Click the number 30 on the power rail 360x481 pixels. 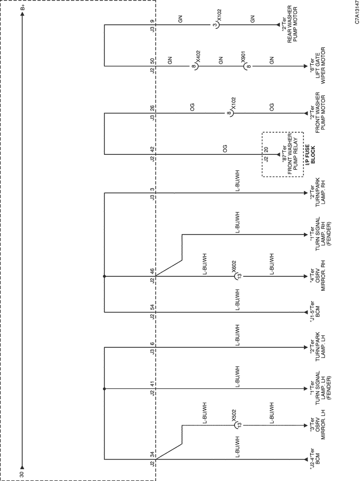(22, 474)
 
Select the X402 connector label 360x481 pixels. (198, 56)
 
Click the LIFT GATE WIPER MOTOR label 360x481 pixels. (320, 65)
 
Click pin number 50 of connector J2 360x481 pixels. (152, 60)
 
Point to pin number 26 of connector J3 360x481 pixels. (152, 108)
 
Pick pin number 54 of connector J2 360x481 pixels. (152, 307)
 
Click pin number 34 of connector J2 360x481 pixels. (152, 454)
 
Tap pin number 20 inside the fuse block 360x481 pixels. (266, 149)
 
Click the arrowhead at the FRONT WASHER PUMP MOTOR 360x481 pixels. (305, 113)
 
